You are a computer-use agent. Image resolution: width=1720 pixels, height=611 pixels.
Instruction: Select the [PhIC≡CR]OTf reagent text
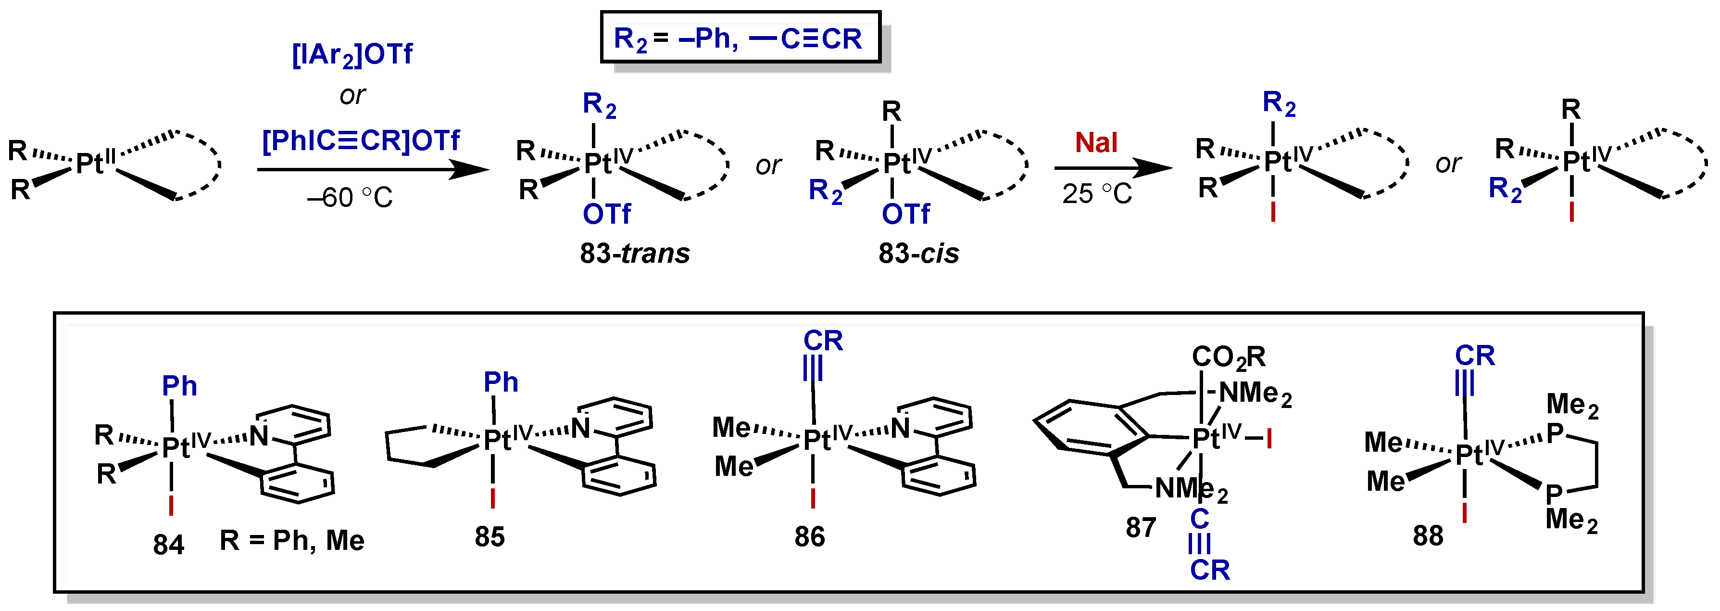point(361,140)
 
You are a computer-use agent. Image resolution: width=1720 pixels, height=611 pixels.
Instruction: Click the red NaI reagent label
point(1096,143)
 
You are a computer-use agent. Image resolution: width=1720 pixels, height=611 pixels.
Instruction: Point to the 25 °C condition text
point(1096,194)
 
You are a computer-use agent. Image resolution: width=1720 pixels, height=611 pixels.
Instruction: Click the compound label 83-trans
point(634,254)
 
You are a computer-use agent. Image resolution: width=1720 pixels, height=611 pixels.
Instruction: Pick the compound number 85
point(490,537)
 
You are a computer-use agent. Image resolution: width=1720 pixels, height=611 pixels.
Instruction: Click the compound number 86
point(809,537)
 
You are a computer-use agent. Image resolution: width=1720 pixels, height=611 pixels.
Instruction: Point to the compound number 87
point(1141,528)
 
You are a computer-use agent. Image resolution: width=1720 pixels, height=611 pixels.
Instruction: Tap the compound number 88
point(1428,535)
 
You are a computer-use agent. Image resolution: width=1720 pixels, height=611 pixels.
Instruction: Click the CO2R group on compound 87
point(1228,357)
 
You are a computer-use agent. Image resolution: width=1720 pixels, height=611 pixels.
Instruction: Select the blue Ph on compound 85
point(500,382)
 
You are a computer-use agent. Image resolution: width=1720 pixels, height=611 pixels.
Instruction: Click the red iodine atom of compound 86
point(813,497)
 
